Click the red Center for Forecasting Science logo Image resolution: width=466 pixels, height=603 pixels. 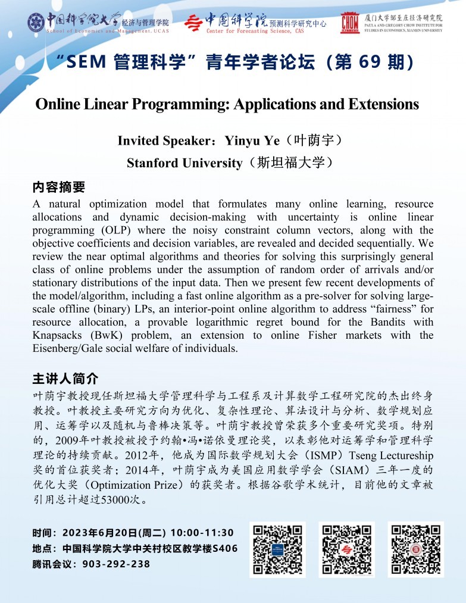(x=193, y=23)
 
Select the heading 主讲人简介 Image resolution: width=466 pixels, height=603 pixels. (x=65, y=379)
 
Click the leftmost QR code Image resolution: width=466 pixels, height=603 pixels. (x=277, y=549)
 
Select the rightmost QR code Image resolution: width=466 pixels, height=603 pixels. (x=415, y=549)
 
